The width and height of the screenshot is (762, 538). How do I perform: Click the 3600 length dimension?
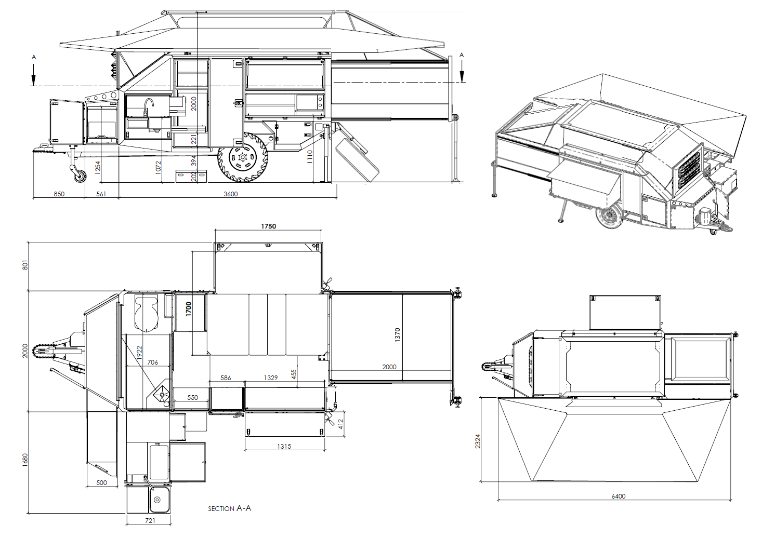230,194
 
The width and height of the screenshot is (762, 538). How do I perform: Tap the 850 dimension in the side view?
59,194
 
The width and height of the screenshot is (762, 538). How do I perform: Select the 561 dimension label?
101,194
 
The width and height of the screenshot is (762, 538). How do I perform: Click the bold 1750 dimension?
268,226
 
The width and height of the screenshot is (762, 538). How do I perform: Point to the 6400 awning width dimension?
618,496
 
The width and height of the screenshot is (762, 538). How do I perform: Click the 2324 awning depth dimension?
478,441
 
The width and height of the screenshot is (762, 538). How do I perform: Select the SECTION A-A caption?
230,508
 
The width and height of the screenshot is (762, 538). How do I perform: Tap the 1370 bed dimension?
397,335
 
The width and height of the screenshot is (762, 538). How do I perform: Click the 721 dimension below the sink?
150,521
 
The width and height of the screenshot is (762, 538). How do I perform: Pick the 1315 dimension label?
284,447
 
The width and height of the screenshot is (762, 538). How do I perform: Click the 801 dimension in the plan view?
25,265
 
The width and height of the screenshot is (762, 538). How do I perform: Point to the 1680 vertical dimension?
25,460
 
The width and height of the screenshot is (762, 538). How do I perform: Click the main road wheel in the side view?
243,157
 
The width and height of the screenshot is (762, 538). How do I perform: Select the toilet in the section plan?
147,313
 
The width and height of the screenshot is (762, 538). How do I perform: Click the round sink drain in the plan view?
157,500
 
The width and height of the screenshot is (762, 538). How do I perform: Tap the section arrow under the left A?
33,75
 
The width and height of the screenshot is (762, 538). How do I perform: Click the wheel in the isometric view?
609,216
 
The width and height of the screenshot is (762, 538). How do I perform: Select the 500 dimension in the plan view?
101,483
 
